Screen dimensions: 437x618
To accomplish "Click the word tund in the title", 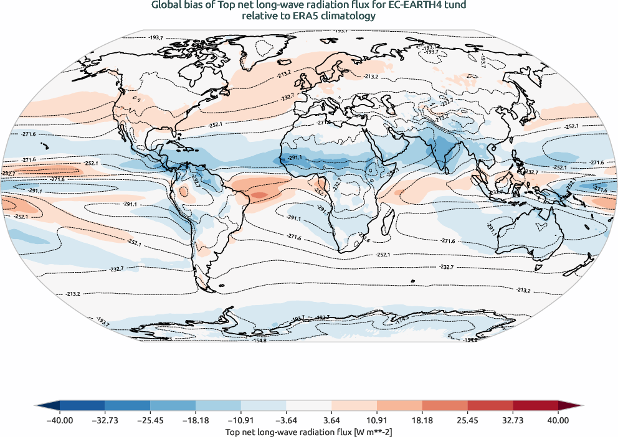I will point(455,5).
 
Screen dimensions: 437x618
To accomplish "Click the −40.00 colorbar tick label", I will point(60,420).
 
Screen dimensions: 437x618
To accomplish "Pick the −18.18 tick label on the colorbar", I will point(196,420).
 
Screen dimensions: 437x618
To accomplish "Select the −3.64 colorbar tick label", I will point(286,420).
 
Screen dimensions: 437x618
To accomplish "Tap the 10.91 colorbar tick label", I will point(377,420).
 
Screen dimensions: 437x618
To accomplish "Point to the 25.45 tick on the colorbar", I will point(467,420).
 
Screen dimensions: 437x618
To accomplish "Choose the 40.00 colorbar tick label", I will point(558,420).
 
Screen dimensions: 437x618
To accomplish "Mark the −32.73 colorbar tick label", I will point(105,420).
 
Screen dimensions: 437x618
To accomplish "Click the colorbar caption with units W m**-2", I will point(309,431).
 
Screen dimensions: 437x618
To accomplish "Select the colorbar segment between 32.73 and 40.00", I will point(535,406).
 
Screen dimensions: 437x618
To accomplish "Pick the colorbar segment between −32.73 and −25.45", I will point(128,406).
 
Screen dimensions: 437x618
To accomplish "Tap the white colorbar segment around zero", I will point(309,406).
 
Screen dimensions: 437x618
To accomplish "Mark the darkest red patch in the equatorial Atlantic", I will point(259,195).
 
